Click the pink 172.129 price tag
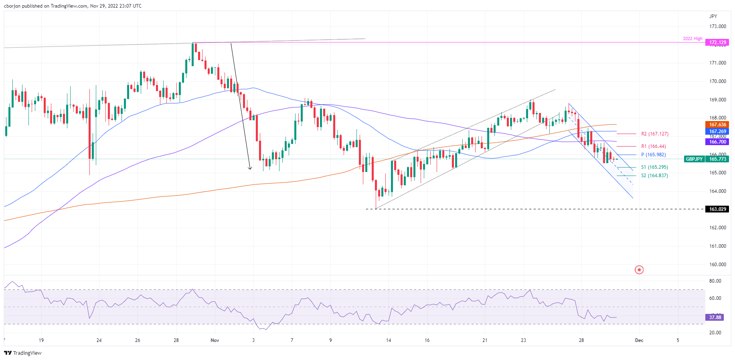coord(718,42)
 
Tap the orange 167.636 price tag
coord(718,125)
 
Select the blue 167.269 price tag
coord(718,131)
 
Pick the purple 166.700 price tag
coord(718,142)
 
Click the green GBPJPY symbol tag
coord(694,159)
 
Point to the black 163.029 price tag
coord(718,209)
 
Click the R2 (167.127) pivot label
coord(654,134)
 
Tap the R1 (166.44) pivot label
coord(653,146)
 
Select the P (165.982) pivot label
coord(653,155)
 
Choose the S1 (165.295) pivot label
coord(654,167)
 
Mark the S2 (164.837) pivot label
coord(654,176)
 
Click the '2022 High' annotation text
coord(692,39)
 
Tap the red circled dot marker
coord(639,270)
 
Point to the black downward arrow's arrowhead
coord(250,168)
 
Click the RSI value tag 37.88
coord(715,318)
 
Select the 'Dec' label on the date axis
coord(639,340)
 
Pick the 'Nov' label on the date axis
coord(215,340)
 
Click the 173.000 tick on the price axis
coord(717,26)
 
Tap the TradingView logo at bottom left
coord(23,353)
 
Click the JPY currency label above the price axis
coord(713,16)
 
